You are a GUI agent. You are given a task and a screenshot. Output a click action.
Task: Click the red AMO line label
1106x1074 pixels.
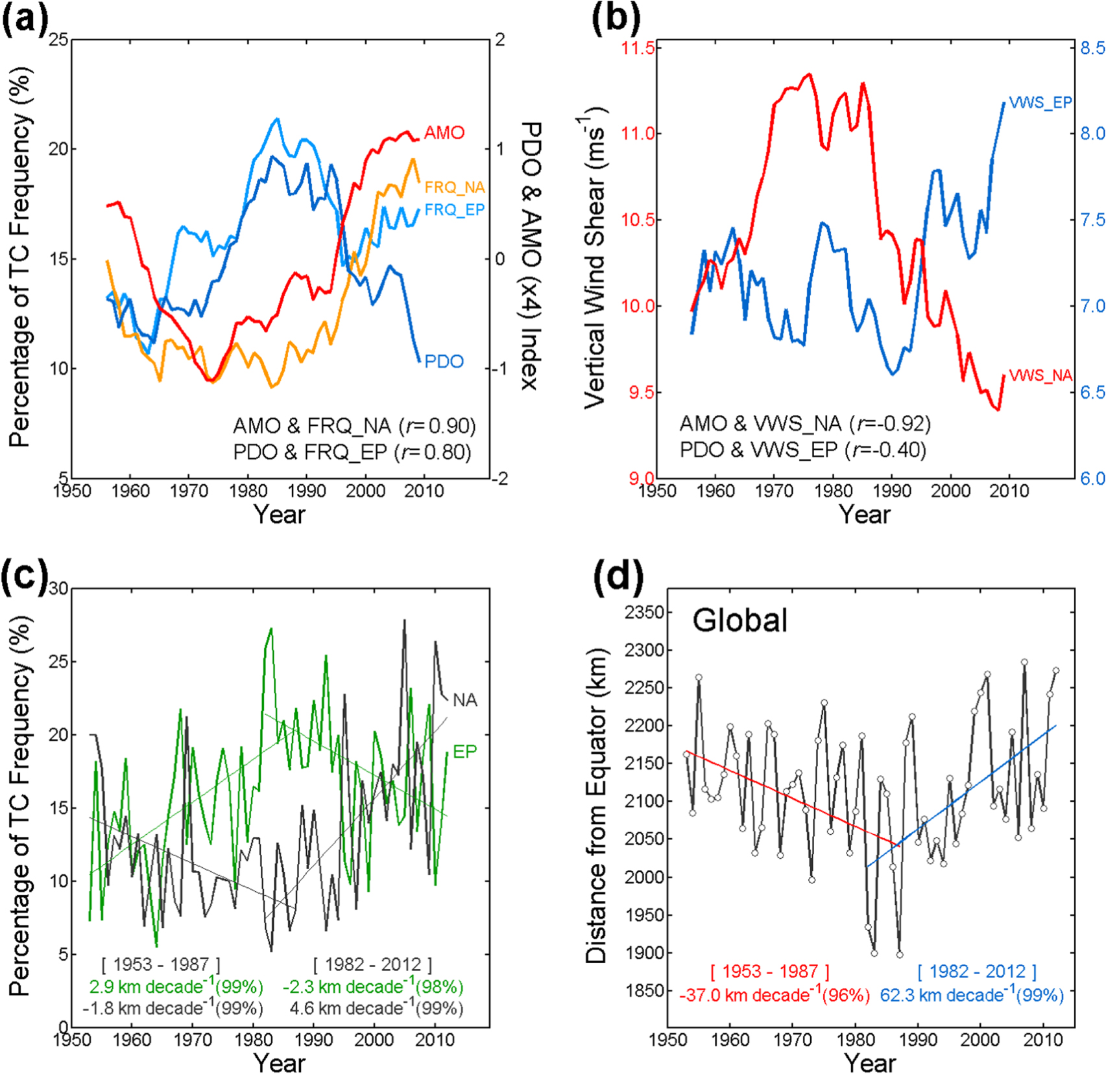[x=444, y=133]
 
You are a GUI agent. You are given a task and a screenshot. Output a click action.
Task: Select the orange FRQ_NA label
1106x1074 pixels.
[x=454, y=187]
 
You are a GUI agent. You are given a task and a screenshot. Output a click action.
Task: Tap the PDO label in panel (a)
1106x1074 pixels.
[x=444, y=362]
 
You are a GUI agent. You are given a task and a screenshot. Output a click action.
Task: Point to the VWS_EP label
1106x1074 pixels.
[x=1040, y=102]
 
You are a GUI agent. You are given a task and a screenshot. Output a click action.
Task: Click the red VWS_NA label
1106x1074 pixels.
[x=1040, y=375]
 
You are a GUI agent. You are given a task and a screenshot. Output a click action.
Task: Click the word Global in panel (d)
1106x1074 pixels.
[x=739, y=620]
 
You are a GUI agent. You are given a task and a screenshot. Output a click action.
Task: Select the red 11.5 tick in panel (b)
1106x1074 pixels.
[x=638, y=48]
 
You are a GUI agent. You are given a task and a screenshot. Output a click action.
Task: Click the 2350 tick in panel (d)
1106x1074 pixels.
[x=643, y=613]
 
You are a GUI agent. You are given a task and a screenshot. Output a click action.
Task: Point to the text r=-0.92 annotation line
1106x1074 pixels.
[x=804, y=424]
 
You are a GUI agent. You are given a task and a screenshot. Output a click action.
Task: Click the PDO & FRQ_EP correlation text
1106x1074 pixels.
[x=352, y=452]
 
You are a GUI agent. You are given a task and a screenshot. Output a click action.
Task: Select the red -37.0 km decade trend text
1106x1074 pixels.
[x=774, y=995]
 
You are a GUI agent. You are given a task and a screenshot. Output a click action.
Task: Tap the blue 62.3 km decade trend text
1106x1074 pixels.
[x=971, y=995]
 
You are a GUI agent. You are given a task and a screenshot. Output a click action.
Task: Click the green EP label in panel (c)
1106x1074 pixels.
[x=464, y=752]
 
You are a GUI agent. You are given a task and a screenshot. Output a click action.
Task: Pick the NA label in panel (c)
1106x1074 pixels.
[x=464, y=700]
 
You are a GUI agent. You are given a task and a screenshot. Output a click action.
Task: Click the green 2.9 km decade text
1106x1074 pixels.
[x=176, y=986]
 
